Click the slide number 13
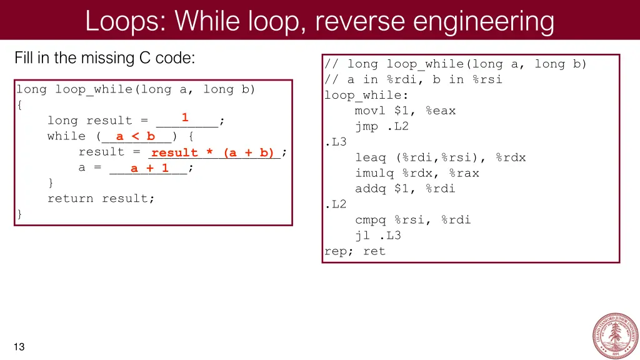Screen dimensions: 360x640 pos(19,347)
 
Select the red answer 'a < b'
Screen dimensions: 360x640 pos(135,136)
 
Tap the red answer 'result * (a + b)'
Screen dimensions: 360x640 pos(213,152)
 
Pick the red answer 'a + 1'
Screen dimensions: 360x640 pos(149,168)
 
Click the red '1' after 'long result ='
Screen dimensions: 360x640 pos(185,117)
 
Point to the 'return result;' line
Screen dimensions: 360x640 pos(101,199)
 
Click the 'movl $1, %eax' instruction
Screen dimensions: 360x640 pos(405,111)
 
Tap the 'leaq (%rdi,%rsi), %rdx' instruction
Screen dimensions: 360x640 pos(441,157)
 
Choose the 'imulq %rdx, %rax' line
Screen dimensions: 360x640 pos(417,173)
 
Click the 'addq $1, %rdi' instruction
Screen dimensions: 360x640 pos(405,189)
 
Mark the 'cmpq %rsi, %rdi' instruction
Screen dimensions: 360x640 pos(413,220)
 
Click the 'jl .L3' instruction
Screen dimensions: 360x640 pos(378,236)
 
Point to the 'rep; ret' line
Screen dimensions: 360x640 pos(354,251)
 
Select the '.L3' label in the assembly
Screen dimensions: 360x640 pos(336,142)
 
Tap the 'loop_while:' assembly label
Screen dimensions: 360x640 pos(366,95)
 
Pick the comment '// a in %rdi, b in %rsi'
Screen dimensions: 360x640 pos(413,79)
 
